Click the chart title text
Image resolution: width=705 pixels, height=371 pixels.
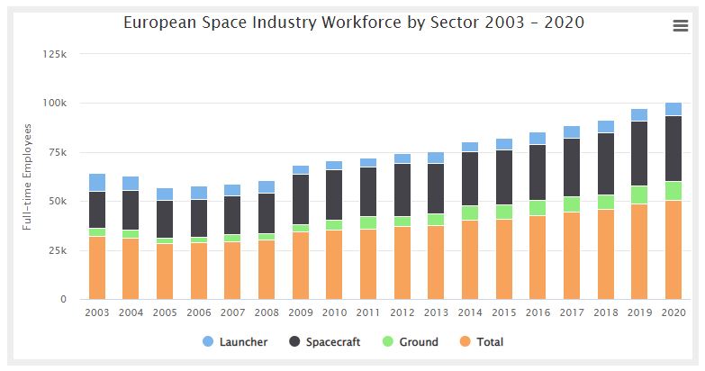click(x=353, y=23)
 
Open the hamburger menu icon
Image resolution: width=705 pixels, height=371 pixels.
click(x=680, y=26)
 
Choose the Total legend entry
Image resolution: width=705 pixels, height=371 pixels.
click(x=484, y=342)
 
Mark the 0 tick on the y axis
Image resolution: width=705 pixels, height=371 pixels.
click(x=63, y=299)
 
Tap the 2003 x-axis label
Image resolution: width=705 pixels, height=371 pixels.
click(x=96, y=312)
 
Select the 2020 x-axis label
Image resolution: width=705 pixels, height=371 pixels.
click(x=673, y=312)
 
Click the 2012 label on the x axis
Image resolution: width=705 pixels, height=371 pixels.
click(x=402, y=312)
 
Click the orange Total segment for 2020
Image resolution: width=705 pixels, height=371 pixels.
click(x=673, y=249)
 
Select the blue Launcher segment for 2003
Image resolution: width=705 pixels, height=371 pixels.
click(x=96, y=182)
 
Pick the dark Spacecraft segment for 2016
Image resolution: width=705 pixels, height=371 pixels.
click(x=538, y=172)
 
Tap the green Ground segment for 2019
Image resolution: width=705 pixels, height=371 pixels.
click(x=638, y=195)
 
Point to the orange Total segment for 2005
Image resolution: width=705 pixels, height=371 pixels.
click(x=165, y=271)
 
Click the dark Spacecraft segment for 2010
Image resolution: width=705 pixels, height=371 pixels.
click(x=334, y=195)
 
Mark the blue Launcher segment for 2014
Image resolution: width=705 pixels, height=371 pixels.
click(x=469, y=147)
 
